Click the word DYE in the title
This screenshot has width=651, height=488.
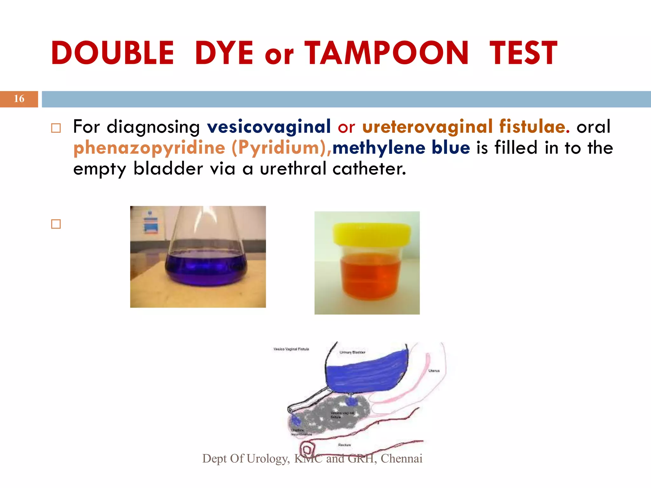[x=224, y=53]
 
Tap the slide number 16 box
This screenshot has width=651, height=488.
[x=19, y=99]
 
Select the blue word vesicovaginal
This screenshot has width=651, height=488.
[x=269, y=126]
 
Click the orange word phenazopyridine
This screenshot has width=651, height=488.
[x=149, y=148]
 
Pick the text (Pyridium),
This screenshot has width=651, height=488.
[x=282, y=148]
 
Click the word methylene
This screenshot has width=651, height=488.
[x=379, y=147]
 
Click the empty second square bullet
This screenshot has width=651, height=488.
[x=56, y=224]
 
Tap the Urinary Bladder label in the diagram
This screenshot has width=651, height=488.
[x=352, y=352]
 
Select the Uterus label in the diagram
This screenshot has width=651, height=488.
[x=434, y=371]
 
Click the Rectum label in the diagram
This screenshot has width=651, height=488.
[x=344, y=445]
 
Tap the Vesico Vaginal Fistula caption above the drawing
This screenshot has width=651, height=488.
[x=291, y=349]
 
